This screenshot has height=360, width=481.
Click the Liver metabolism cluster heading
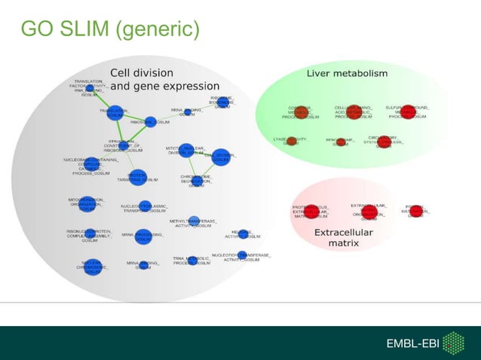click(347, 74)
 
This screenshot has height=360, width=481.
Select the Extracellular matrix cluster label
click(343, 238)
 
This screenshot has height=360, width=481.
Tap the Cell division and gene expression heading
click(164, 80)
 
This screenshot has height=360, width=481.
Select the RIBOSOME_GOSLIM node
click(150, 121)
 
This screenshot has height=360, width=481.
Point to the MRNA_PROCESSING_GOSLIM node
click(144, 236)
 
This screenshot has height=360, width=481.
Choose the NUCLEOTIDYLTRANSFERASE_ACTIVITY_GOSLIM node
click(241, 256)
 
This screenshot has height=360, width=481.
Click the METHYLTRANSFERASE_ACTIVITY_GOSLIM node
click(194, 221)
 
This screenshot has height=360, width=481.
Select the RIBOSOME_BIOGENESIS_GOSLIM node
click(222, 102)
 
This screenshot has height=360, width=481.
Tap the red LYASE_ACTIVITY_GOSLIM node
click(291, 140)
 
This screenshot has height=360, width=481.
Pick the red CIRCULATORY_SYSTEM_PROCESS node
click(383, 141)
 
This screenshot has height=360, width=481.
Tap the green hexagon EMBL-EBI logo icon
click(453, 343)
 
